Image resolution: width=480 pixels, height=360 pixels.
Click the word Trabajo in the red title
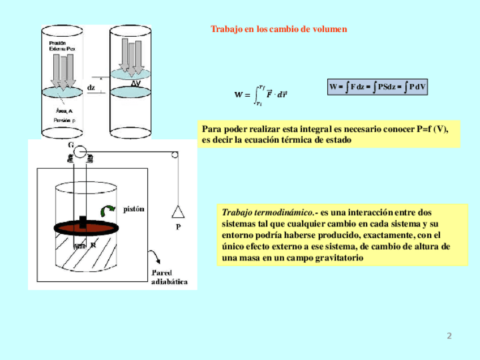226,29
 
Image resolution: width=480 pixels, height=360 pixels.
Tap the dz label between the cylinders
91,87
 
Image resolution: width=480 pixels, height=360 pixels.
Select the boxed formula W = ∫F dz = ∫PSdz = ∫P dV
378,87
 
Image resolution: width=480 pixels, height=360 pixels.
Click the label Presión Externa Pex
61,46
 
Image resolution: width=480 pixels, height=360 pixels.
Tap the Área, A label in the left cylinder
64,111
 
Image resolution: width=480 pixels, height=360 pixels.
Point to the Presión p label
65,121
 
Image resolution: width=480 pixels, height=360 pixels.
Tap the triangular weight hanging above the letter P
178,212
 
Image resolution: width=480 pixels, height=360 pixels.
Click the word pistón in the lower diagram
134,208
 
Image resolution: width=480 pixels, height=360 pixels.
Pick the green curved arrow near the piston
106,211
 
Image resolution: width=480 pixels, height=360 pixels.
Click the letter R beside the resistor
93,246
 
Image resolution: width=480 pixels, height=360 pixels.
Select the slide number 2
449,336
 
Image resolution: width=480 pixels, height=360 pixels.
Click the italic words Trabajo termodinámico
268,213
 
